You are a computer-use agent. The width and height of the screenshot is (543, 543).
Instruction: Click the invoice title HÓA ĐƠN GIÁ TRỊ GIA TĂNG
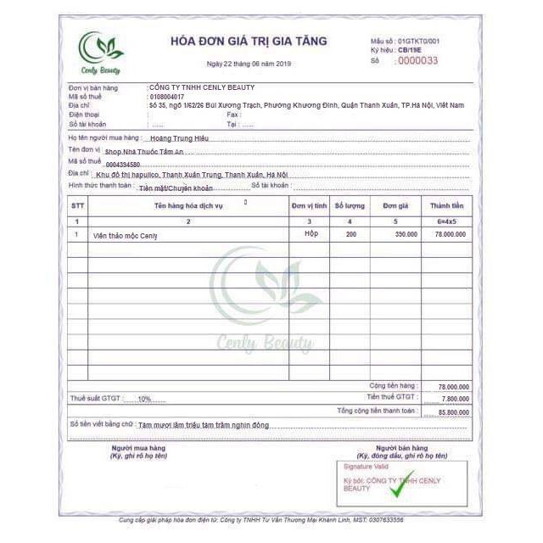point(248,41)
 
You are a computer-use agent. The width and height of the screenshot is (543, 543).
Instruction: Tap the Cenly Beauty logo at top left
point(101,53)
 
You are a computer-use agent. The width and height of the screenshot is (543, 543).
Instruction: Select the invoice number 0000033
point(417,60)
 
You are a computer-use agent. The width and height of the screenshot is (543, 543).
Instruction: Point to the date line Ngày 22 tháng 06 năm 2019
point(249,64)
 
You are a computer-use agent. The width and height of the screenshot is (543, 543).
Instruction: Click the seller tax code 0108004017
point(166,96)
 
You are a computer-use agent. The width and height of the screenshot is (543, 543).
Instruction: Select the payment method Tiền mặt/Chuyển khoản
point(176,188)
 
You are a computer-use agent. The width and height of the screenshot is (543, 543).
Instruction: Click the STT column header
point(78,206)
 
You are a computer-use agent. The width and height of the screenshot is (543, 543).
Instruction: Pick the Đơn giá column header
point(395,206)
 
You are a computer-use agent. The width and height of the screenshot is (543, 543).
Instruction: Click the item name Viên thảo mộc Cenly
point(126,235)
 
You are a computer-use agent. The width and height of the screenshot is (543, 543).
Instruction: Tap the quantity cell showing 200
point(350,234)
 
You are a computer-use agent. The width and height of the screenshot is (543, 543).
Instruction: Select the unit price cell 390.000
point(406,234)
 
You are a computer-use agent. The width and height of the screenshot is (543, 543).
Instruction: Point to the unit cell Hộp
point(311,234)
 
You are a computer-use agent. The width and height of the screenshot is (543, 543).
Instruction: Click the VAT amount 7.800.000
point(453,397)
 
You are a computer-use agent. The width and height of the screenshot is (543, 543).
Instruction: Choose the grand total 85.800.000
point(451,411)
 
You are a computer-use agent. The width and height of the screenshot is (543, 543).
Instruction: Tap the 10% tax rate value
point(144,398)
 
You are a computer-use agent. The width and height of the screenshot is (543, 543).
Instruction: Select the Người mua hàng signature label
point(138,447)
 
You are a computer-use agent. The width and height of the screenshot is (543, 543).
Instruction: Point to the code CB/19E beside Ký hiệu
point(410,50)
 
